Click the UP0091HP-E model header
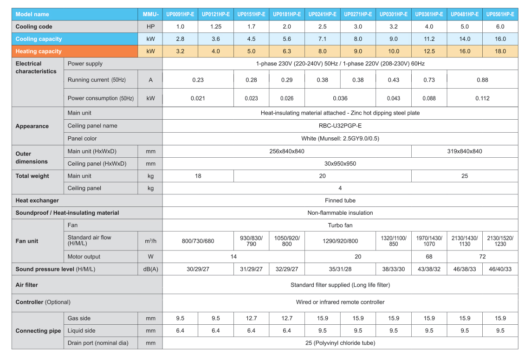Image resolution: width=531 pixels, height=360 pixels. coord(180,14)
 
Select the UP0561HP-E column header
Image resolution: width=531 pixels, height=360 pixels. coord(500,14)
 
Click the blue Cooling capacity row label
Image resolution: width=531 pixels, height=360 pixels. coord(39,39)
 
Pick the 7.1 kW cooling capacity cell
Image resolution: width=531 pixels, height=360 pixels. coord(322,39)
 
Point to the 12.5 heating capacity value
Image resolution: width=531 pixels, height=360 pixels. coord(429,51)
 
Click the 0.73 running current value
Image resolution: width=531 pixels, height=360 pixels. coord(429,80)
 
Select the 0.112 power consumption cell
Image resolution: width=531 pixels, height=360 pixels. coord(482,98)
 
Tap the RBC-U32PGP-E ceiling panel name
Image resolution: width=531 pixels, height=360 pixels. coord(340,126)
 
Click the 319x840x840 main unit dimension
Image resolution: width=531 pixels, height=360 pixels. coord(464,151)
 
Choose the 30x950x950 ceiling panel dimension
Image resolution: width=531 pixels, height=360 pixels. coord(340,164)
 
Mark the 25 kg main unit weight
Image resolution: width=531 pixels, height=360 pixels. coord(464,176)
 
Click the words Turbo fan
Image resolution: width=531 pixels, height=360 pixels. coord(340,225)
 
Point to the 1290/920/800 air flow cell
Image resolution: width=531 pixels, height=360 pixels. coord(340,241)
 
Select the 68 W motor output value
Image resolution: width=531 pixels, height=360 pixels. coord(429,257)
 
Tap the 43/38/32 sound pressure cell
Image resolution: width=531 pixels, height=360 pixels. coord(429,269)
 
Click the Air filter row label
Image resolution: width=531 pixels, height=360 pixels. coord(27,285)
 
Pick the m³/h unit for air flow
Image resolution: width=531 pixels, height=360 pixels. coord(150,241)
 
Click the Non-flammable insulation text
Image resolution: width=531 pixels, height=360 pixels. coord(340,213)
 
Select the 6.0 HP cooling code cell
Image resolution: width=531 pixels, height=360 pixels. coord(500,27)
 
